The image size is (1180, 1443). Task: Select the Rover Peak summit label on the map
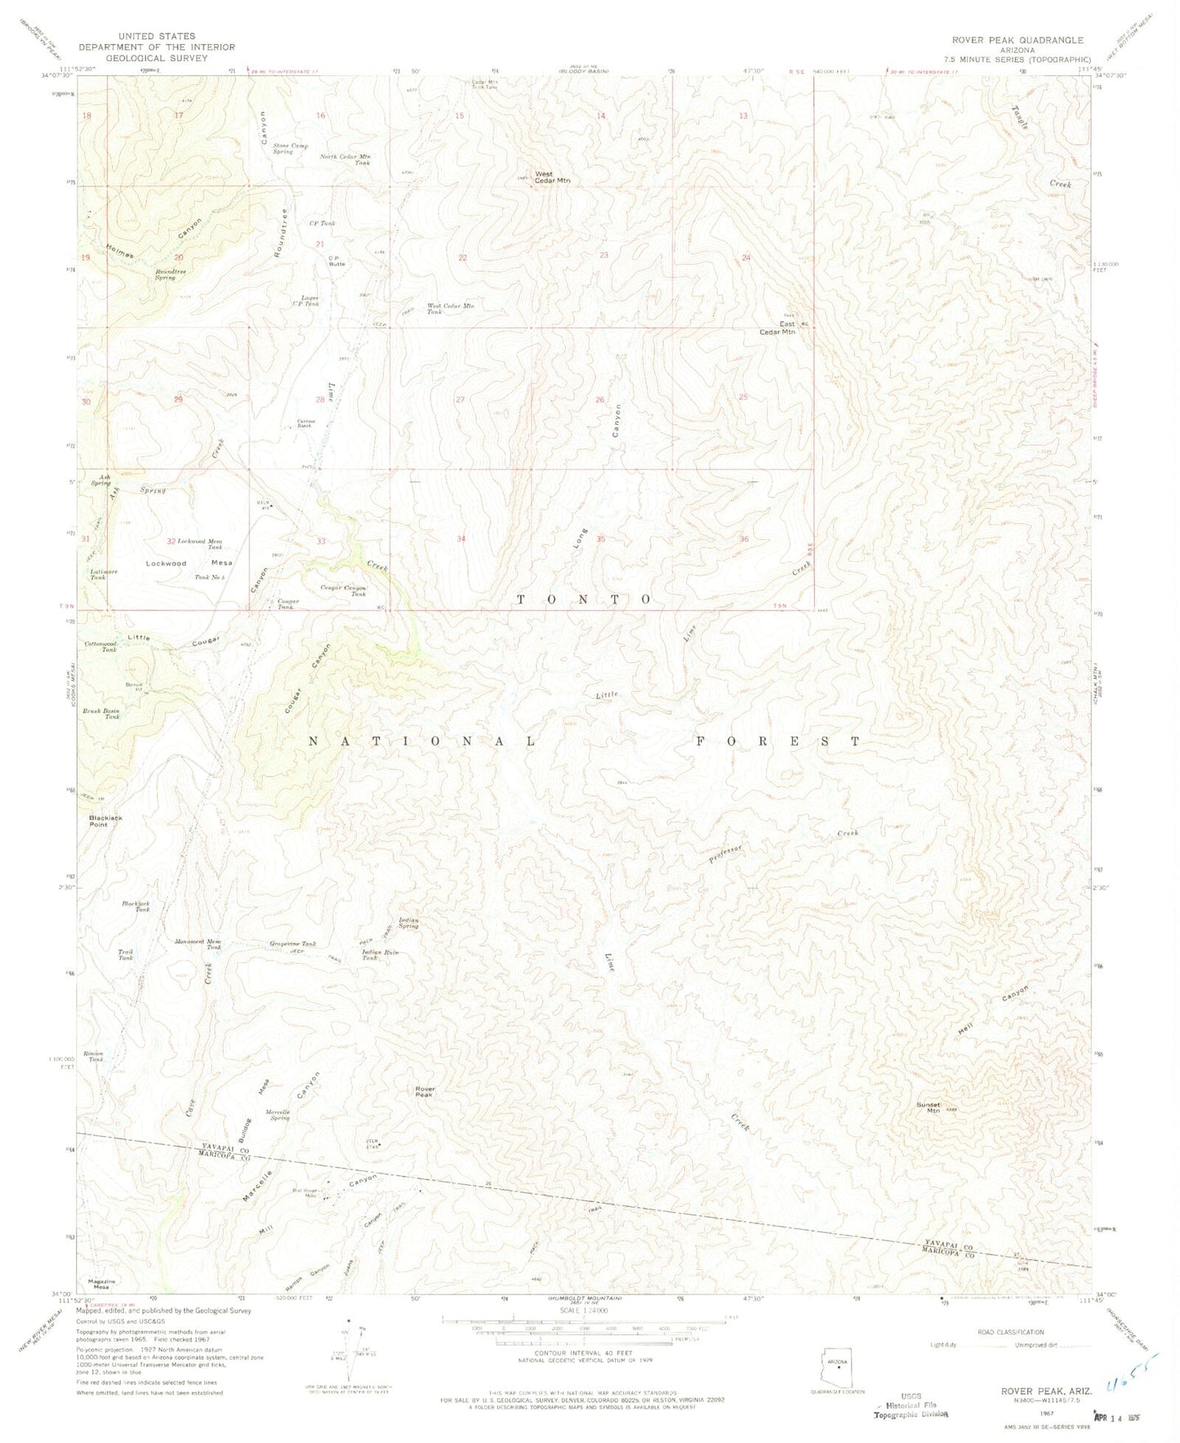(425, 1091)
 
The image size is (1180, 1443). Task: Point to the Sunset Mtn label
(928, 1107)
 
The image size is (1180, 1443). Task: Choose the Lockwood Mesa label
(189, 563)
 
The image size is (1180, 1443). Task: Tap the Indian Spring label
(408, 923)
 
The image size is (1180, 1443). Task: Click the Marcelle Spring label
(278, 1115)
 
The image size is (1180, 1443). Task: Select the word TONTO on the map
(585, 599)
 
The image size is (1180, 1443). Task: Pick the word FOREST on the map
(777, 742)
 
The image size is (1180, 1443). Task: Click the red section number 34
(461, 539)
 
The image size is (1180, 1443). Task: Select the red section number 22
(462, 258)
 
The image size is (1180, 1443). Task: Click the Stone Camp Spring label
(290, 149)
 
